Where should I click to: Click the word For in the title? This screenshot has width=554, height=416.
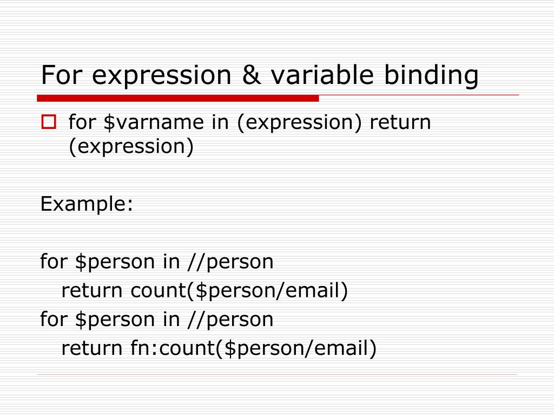pyautogui.click(x=61, y=76)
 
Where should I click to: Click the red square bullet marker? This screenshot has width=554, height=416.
pyautogui.click(x=49, y=122)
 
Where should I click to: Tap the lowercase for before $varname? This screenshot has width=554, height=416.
pyautogui.click(x=81, y=122)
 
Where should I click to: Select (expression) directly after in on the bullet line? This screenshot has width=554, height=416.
pyautogui.click(x=299, y=122)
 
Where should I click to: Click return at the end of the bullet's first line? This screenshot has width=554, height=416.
pyautogui.click(x=400, y=122)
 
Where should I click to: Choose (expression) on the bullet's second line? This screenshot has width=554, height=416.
pyautogui.click(x=131, y=147)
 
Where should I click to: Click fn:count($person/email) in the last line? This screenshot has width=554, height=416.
pyautogui.click(x=253, y=348)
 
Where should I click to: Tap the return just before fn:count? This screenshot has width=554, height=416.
pyautogui.click(x=93, y=348)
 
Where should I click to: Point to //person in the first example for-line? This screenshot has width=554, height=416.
pyautogui.click(x=232, y=262)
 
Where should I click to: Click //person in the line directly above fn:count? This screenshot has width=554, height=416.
pyautogui.click(x=232, y=320)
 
